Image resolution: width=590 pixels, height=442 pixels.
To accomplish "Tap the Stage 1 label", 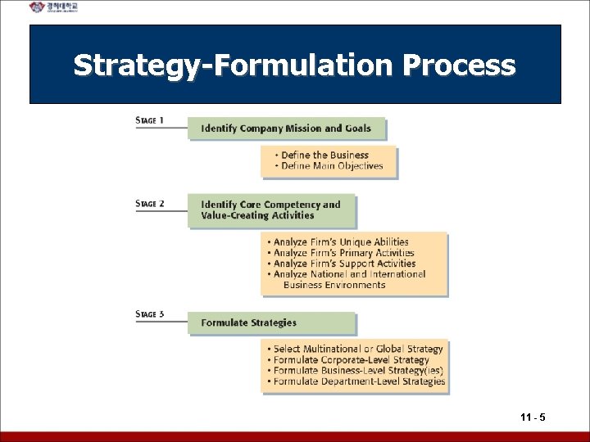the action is [150, 121].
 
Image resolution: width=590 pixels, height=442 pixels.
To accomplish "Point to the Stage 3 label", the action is [150, 313].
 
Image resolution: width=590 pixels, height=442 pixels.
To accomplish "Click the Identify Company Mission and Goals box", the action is [286, 128].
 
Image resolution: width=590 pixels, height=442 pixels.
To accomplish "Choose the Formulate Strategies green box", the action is [272, 322].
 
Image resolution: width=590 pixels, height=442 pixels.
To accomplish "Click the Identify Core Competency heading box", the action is [272, 210].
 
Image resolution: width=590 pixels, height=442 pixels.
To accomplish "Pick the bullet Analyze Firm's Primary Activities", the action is [341, 253].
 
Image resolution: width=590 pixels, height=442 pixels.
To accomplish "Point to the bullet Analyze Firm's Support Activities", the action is [342, 264].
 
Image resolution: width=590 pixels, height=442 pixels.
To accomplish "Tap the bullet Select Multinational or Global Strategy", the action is [357, 349].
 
